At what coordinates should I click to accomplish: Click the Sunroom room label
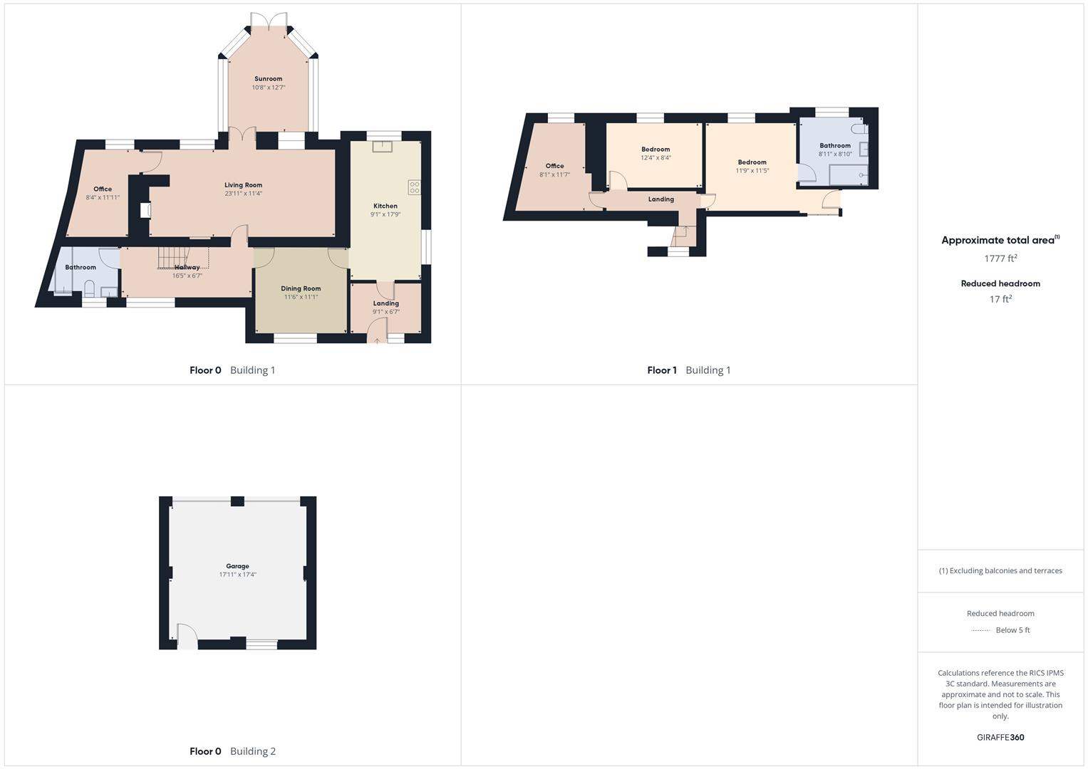click(x=268, y=79)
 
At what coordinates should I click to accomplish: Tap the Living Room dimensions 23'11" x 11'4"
click(x=244, y=194)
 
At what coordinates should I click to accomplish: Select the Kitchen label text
click(x=385, y=206)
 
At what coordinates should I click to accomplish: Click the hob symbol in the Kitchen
click(x=414, y=187)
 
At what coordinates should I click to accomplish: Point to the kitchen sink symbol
click(x=383, y=147)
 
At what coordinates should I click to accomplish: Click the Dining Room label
click(x=301, y=288)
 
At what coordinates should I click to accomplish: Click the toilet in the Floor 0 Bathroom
click(x=90, y=288)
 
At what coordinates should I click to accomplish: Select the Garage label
click(x=237, y=566)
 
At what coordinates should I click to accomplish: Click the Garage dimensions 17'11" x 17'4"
click(x=237, y=575)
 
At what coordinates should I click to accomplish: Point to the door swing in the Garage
click(x=187, y=636)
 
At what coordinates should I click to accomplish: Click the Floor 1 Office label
click(x=554, y=166)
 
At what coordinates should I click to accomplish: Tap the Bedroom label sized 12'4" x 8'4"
click(x=656, y=150)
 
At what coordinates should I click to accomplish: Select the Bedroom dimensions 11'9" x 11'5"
click(x=752, y=171)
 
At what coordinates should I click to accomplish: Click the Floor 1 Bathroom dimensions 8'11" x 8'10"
click(x=835, y=154)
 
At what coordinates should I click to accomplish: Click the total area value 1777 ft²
click(x=1000, y=258)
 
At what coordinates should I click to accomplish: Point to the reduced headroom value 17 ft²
click(x=1000, y=299)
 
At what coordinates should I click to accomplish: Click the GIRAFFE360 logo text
click(x=1000, y=738)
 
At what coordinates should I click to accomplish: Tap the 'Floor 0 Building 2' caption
click(x=232, y=751)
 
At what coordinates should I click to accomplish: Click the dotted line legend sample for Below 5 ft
click(x=980, y=630)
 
